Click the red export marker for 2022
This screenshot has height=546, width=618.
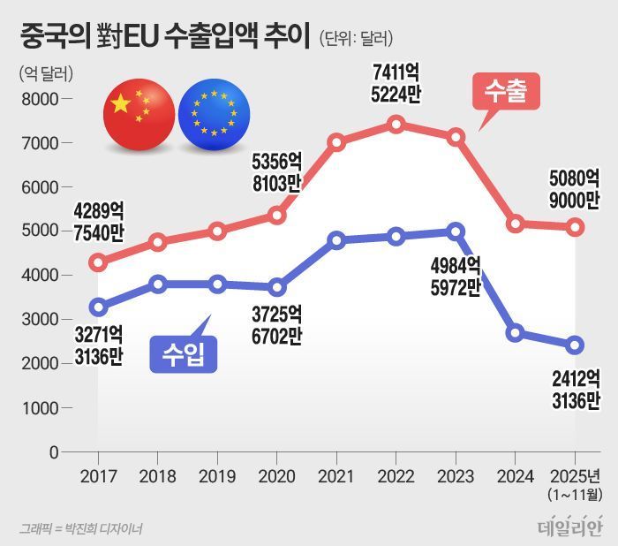point(396,125)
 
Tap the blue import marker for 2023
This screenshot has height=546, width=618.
point(456,231)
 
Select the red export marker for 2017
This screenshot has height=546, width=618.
point(98,262)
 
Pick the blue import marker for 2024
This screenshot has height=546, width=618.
point(516,333)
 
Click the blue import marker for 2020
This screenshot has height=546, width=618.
point(276,287)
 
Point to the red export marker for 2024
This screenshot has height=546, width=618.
point(516,224)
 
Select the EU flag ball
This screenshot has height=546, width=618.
point(213,114)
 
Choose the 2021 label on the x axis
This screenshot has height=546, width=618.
point(336,476)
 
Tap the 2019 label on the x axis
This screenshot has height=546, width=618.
point(217,476)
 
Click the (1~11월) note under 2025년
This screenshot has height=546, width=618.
point(575,493)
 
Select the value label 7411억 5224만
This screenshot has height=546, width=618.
point(396,82)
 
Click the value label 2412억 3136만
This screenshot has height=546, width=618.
point(575,390)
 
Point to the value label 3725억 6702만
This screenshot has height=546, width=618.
point(276,323)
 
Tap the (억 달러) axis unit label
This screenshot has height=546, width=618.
point(45,72)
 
